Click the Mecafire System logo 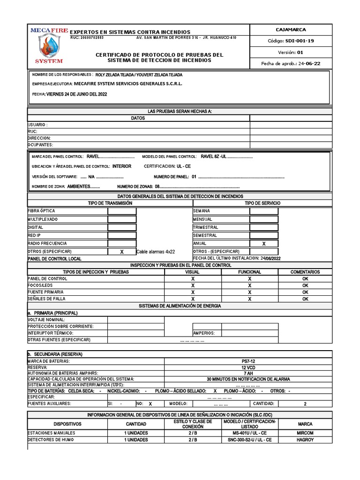pyautogui.click(x=46, y=45)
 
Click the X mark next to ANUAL pyautogui.click(x=263, y=244)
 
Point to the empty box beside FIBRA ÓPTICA pyautogui.click(x=122, y=211)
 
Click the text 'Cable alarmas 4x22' pyautogui.click(x=156, y=252)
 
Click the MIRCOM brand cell pyautogui.click(x=305, y=433)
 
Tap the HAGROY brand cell pyautogui.click(x=305, y=440)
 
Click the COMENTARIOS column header pyautogui.click(x=305, y=272)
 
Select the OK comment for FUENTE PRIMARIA pyautogui.click(x=305, y=292)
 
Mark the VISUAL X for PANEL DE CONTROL pyautogui.click(x=193, y=279)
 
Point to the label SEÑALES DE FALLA pyautogui.click(x=47, y=299)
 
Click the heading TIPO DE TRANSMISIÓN pyautogui.click(x=110, y=203)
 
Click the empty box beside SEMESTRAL pyautogui.click(x=263, y=236)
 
